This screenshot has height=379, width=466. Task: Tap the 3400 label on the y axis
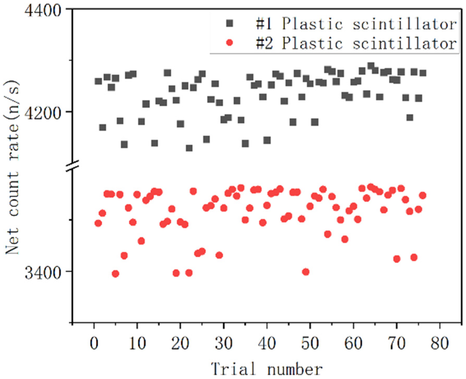(43, 273)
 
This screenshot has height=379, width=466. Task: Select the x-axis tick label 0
(94, 343)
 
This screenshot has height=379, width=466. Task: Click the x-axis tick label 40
(267, 343)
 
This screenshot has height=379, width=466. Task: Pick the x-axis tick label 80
(440, 343)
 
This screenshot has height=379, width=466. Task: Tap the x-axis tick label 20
(180, 343)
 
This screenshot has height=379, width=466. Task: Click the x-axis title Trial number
(267, 369)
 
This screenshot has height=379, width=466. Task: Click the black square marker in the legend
(229, 24)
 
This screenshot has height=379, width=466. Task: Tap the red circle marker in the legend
(229, 43)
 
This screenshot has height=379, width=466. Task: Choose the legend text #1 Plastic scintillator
(356, 24)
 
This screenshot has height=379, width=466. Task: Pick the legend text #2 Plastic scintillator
(356, 43)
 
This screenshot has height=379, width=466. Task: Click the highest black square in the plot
(371, 66)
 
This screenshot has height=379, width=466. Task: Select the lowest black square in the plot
(189, 148)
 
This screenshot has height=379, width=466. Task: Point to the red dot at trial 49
(306, 272)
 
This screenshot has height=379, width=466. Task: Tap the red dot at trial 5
(115, 274)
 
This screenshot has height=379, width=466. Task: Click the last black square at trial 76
(423, 73)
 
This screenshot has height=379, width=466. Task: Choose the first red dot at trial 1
(98, 223)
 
